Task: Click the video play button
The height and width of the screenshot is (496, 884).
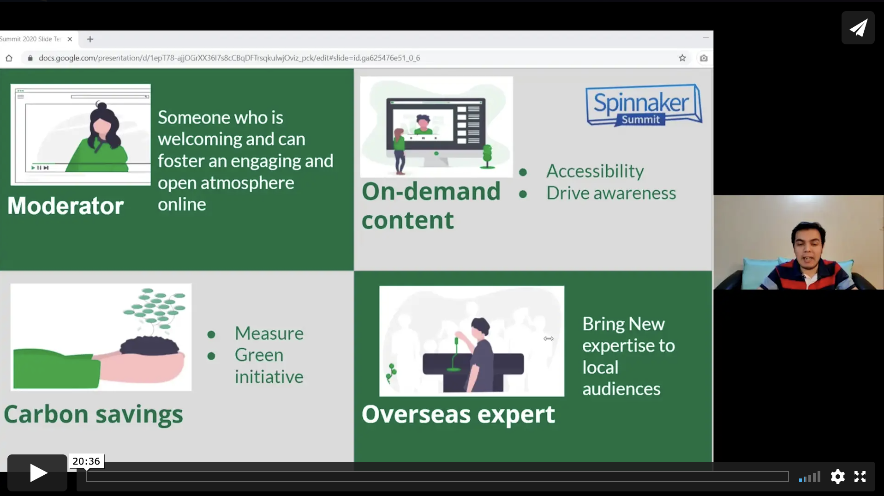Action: tap(37, 473)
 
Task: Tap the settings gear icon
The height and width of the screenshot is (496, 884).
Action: tap(837, 476)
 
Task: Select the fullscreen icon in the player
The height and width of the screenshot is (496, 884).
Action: tap(860, 476)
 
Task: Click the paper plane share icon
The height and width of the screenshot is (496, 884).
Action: tap(858, 28)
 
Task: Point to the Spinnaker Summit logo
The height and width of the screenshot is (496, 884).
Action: tap(644, 105)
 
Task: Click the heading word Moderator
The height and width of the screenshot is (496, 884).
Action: tap(66, 206)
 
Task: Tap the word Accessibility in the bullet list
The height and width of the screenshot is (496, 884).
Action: tap(595, 171)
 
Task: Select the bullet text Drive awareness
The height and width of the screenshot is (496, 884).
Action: tap(611, 193)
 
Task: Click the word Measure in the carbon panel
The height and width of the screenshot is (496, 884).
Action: tap(269, 333)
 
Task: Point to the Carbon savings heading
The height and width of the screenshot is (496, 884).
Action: tap(94, 414)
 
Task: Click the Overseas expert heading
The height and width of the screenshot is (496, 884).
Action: tap(458, 414)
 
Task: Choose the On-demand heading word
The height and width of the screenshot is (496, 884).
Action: tap(431, 191)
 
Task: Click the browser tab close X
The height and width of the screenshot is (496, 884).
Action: tap(70, 39)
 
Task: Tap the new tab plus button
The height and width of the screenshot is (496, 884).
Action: tap(90, 39)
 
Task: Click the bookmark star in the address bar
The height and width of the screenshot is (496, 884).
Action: tap(682, 58)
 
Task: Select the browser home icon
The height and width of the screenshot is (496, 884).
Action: tap(9, 58)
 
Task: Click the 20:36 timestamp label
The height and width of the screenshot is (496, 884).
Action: tap(86, 461)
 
